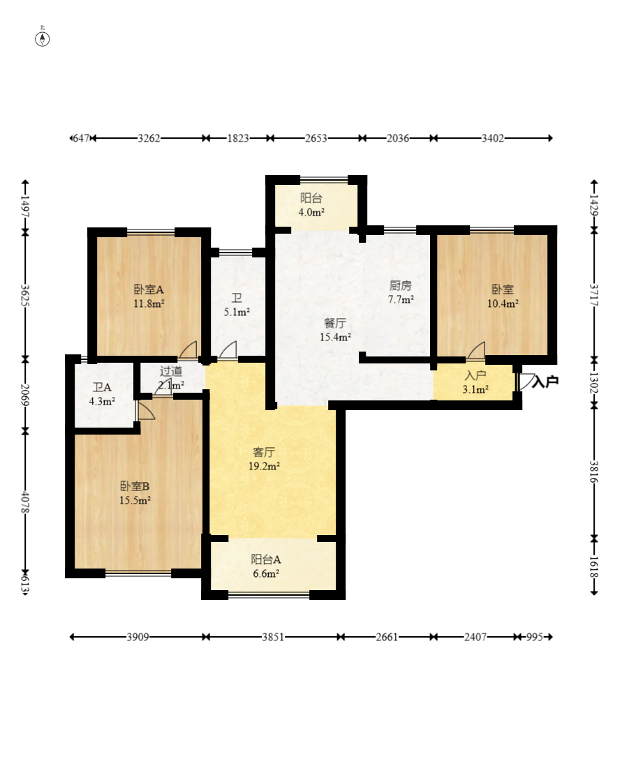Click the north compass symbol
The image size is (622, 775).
pyautogui.click(x=43, y=38)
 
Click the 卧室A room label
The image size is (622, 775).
pyautogui.click(x=149, y=296)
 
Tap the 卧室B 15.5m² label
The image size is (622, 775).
pyautogui.click(x=135, y=493)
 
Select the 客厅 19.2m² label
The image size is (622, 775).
pyautogui.click(x=264, y=459)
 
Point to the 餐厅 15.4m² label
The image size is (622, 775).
pyautogui.click(x=335, y=330)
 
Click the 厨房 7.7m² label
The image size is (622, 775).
pyautogui.click(x=401, y=292)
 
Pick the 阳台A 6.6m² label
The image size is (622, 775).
pyautogui.click(x=265, y=566)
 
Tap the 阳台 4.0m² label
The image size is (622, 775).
pyautogui.click(x=311, y=205)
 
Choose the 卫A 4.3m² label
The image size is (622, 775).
pyautogui.click(x=102, y=394)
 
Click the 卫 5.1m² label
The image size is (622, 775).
pyautogui.click(x=237, y=305)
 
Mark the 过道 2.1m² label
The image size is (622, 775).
pyautogui.click(x=171, y=377)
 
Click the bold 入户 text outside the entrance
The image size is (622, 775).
pyautogui.click(x=545, y=382)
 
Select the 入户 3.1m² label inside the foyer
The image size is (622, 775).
pyautogui.click(x=475, y=382)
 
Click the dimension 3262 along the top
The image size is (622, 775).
pyautogui.click(x=149, y=138)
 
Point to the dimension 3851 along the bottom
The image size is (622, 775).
pyautogui.click(x=273, y=637)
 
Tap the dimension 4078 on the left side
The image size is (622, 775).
pyautogui.click(x=25, y=502)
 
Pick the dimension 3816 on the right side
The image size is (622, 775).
pyautogui.click(x=594, y=472)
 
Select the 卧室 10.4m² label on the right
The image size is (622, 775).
pyautogui.click(x=503, y=296)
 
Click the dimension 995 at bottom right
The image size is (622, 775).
pyautogui.click(x=535, y=637)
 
